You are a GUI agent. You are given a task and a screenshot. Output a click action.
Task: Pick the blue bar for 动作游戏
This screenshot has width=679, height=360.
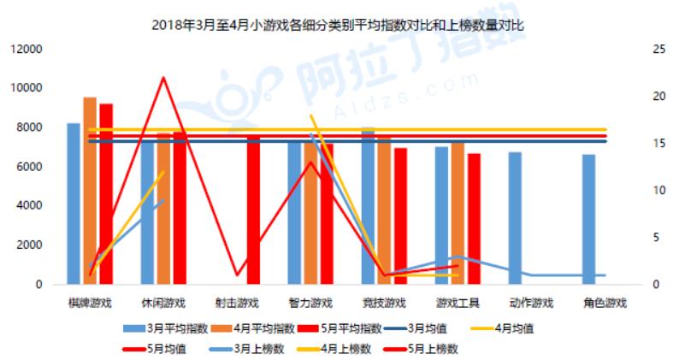(515, 218)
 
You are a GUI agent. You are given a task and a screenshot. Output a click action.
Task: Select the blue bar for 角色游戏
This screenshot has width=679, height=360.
(589, 220)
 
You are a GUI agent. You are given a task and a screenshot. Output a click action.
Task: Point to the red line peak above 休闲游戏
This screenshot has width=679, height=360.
(162, 78)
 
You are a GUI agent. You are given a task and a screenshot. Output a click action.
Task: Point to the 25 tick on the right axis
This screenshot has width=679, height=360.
(635, 50)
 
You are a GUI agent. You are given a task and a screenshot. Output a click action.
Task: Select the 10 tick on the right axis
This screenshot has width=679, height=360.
(635, 191)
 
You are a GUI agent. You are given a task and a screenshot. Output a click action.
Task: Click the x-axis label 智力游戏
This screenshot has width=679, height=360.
(310, 303)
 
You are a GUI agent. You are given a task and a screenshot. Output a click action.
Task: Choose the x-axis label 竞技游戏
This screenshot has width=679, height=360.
(383, 303)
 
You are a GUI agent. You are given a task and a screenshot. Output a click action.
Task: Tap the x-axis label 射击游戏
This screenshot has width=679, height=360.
(236, 303)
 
